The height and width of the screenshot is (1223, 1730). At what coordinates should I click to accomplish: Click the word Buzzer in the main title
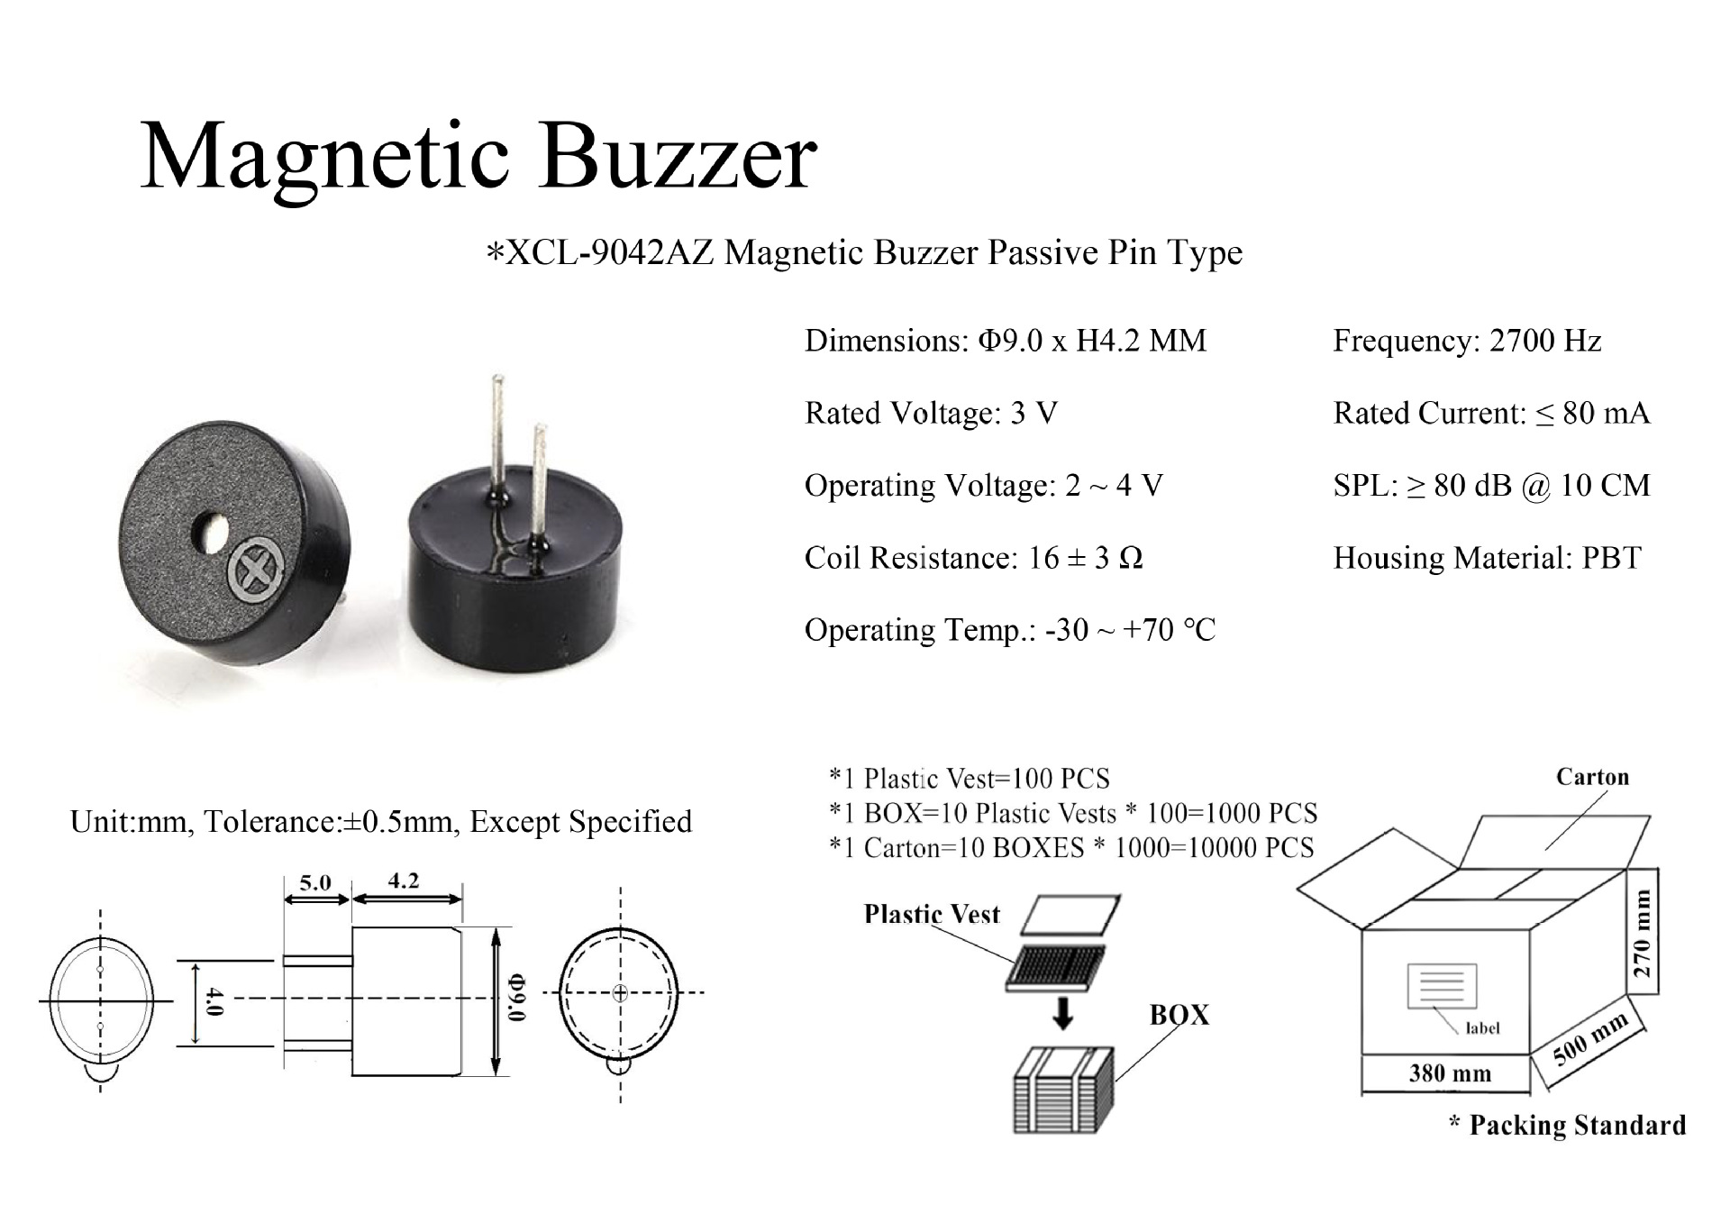(678, 157)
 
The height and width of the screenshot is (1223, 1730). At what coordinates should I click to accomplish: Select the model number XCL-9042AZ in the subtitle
(610, 252)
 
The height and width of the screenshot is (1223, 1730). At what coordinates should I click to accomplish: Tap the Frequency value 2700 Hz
(1545, 341)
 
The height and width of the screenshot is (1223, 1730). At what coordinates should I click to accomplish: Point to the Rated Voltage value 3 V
(1033, 413)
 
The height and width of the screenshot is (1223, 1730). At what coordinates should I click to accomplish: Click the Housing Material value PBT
(1612, 558)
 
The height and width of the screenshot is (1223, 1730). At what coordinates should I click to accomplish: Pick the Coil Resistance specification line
(973, 558)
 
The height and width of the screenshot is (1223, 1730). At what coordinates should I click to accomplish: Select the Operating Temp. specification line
(1009, 630)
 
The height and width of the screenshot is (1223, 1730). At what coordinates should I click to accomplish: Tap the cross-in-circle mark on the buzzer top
(256, 569)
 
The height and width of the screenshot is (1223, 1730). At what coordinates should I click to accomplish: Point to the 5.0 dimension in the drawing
(315, 882)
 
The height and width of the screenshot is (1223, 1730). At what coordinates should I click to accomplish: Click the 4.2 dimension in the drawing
(404, 881)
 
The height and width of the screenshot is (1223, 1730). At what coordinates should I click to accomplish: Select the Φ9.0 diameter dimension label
(517, 996)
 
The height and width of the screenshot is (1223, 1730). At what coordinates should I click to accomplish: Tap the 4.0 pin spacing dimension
(213, 1000)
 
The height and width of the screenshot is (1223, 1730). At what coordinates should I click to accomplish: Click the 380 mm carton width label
(1450, 1073)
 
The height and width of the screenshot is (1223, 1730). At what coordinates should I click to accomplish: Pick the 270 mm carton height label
(1643, 934)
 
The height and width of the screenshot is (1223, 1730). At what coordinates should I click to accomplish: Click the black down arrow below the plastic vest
(1063, 1011)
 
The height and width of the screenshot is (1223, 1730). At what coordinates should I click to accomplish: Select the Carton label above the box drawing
(1592, 777)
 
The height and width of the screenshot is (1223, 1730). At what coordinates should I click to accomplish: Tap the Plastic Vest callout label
(932, 914)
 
